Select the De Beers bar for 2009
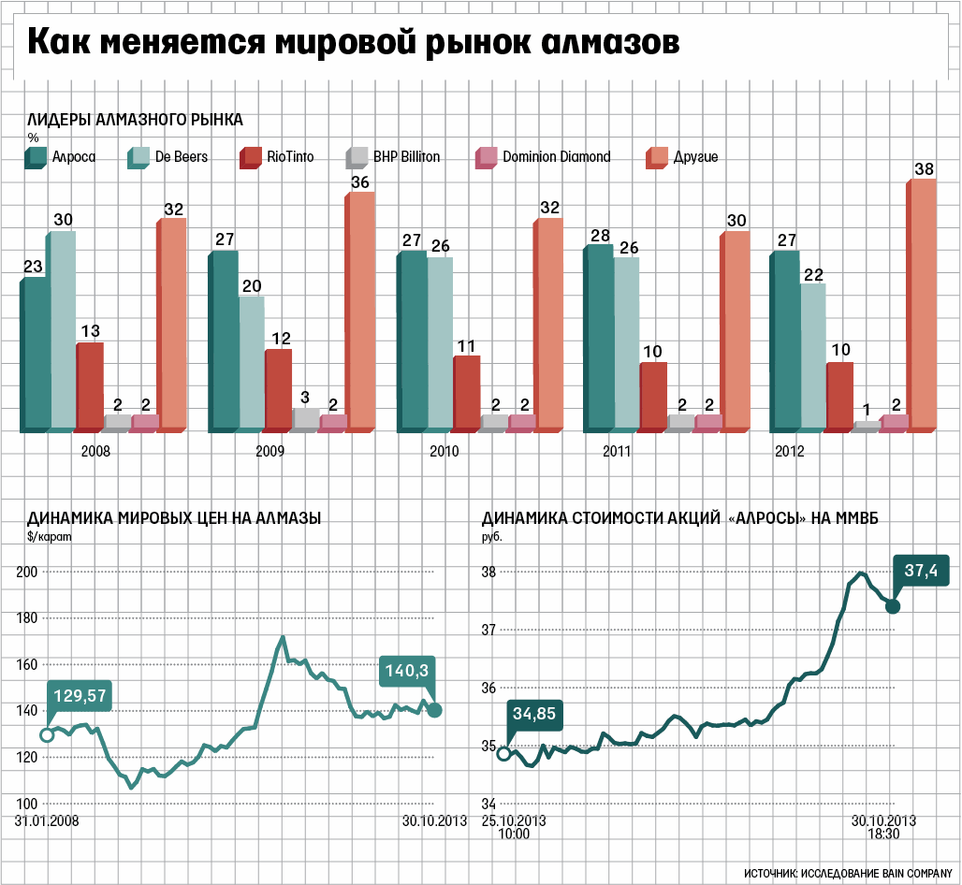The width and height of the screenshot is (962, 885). (x=251, y=364)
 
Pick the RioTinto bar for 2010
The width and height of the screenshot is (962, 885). (x=467, y=393)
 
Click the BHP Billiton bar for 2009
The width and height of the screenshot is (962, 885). (x=306, y=419)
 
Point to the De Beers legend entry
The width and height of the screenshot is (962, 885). (x=168, y=157)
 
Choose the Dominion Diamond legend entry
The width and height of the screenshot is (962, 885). (x=543, y=157)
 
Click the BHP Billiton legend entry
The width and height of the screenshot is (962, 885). (x=393, y=157)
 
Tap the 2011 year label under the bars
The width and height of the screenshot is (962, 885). (x=615, y=451)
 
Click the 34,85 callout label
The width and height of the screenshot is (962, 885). (x=536, y=714)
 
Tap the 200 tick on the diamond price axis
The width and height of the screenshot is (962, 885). (x=29, y=572)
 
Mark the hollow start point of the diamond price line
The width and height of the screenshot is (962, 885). (x=47, y=734)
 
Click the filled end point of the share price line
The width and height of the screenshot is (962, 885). (x=892, y=606)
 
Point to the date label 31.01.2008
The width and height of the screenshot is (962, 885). (x=47, y=820)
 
